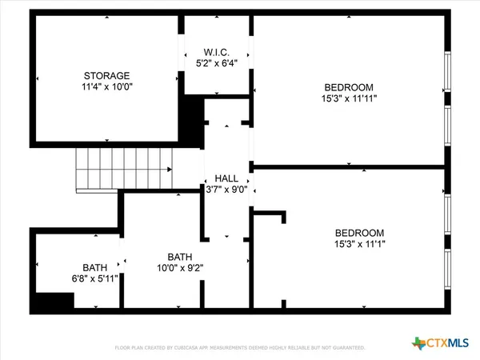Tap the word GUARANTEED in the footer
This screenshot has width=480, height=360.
pyautogui.click(x=346, y=348)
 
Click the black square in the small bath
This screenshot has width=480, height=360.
pyautogui.click(x=53, y=302)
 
